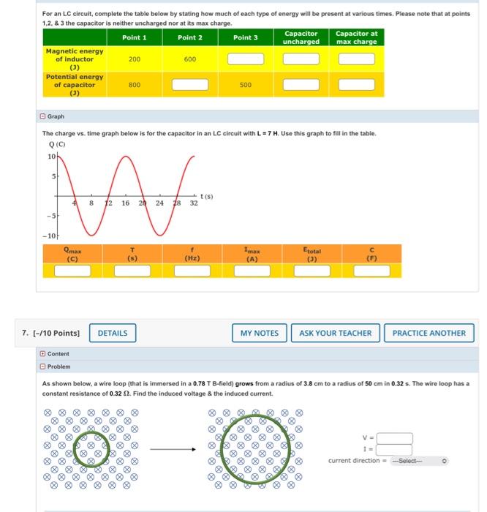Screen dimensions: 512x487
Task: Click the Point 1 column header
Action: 135,37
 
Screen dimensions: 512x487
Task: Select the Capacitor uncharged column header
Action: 301,37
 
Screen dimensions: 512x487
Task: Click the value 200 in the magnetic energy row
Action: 135,59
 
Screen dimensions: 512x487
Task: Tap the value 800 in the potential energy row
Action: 135,85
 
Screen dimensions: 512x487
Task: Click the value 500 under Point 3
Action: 246,85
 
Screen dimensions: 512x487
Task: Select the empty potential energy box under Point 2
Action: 190,85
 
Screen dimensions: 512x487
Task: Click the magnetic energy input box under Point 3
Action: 246,59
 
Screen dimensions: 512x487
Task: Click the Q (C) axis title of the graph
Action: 56,144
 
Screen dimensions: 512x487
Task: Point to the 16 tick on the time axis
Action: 126,204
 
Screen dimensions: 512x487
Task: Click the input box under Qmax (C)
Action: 72,271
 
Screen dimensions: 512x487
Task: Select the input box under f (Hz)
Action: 193,271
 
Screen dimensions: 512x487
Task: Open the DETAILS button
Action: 113,333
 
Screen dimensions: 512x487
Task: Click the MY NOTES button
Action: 260,333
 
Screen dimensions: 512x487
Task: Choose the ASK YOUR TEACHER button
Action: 336,333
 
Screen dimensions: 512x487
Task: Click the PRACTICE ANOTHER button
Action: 429,333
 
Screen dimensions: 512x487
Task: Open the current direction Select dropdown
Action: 419,461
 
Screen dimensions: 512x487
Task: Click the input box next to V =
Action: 394,439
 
